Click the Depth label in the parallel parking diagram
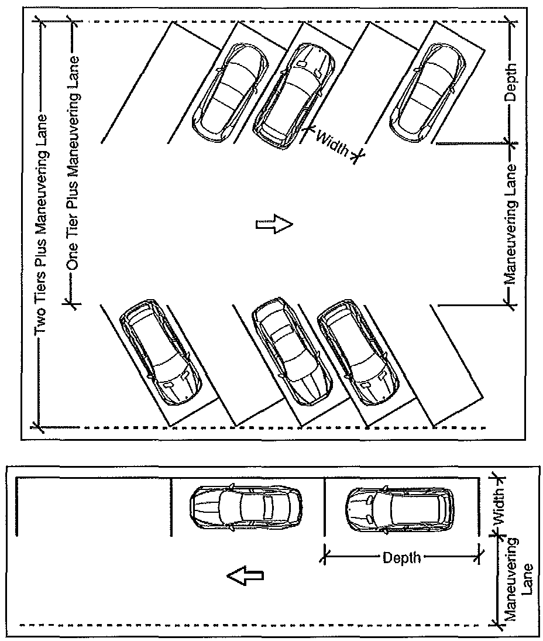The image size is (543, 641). coord(401,557)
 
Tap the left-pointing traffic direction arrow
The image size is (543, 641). coord(245,576)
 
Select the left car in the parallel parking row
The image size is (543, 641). coord(246,507)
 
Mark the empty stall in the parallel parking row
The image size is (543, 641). coord(94,507)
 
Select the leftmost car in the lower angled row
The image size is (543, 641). coord(160,353)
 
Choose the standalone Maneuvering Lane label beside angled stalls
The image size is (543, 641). coord(510,224)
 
